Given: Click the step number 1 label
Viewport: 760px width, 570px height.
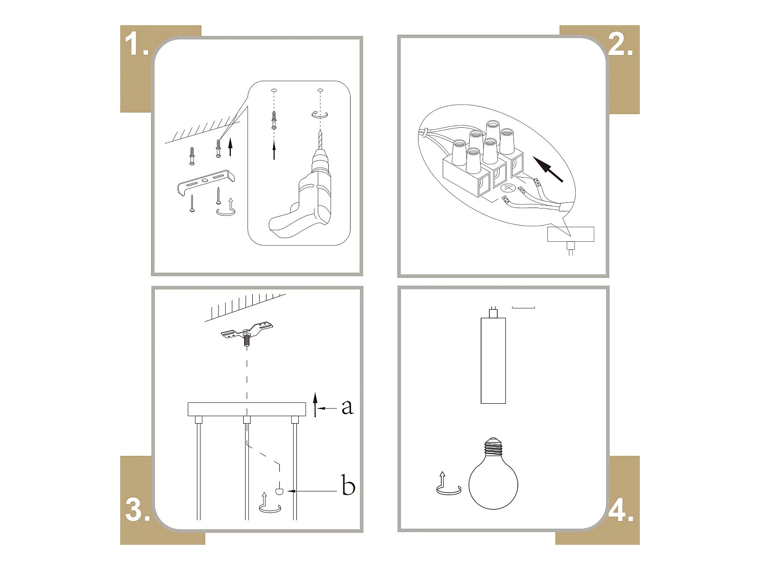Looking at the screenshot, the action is click(x=136, y=44).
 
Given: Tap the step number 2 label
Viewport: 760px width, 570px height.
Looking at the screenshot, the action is click(x=620, y=44).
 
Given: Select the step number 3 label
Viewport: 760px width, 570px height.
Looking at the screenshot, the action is click(x=138, y=510).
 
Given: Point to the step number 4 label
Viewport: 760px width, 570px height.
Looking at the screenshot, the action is click(x=621, y=510).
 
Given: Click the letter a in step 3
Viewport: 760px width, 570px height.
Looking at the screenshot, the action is click(x=347, y=407).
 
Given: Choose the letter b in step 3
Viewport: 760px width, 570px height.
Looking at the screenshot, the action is click(x=348, y=485).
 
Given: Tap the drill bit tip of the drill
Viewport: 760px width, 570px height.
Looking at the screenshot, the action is click(x=320, y=131).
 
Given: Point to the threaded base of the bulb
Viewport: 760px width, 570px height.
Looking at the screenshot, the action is click(x=493, y=446).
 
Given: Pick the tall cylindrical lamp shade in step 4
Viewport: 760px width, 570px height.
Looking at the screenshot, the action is click(x=493, y=360).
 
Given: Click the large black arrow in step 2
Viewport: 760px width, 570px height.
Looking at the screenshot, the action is click(x=548, y=169).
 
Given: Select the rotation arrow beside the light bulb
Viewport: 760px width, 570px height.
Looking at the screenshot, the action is click(x=448, y=484).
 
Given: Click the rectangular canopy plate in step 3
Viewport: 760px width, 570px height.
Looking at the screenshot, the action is click(x=247, y=409).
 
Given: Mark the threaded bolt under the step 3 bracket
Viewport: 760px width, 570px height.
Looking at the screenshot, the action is click(x=247, y=340).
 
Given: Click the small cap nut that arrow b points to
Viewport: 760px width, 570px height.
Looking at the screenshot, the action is click(x=279, y=491).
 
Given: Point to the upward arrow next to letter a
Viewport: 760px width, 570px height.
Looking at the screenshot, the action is click(x=315, y=405).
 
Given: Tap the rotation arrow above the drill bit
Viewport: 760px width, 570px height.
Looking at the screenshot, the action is click(x=320, y=114).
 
